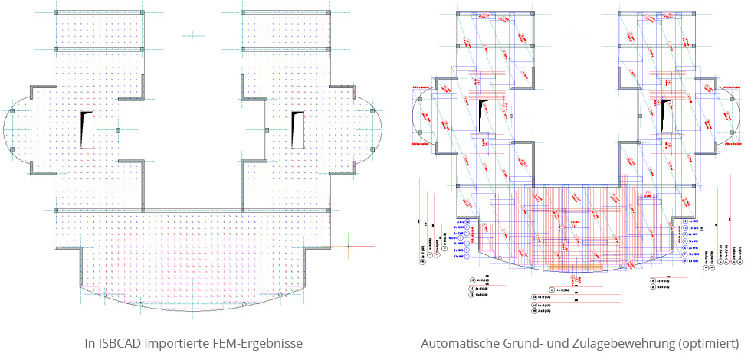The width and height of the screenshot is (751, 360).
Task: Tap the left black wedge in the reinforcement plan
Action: click(484, 112)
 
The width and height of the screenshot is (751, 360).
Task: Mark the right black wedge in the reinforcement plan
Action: click(657, 112)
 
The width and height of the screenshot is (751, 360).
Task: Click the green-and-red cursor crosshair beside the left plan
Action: click(349, 247)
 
